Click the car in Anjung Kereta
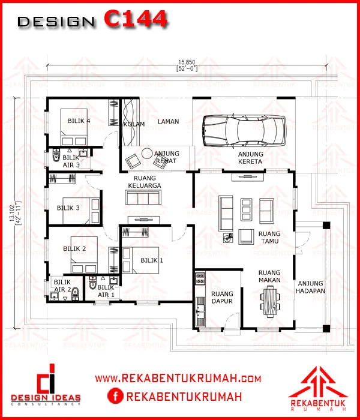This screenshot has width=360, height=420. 244,131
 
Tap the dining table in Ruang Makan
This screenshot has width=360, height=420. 270,302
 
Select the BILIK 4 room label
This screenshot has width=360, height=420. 79,121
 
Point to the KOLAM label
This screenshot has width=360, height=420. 134,124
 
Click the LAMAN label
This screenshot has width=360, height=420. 168,122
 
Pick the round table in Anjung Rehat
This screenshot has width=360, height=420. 147,154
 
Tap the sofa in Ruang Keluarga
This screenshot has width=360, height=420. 143,197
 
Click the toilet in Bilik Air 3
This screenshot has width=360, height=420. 56,155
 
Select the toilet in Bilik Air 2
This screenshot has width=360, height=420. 75,294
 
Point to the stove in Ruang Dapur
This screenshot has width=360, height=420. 200,278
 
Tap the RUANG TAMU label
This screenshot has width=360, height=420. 269,238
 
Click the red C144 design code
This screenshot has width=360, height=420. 136,19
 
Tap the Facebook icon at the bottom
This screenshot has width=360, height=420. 115,396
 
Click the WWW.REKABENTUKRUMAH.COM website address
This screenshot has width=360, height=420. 178,379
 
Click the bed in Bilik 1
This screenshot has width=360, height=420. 140,260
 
